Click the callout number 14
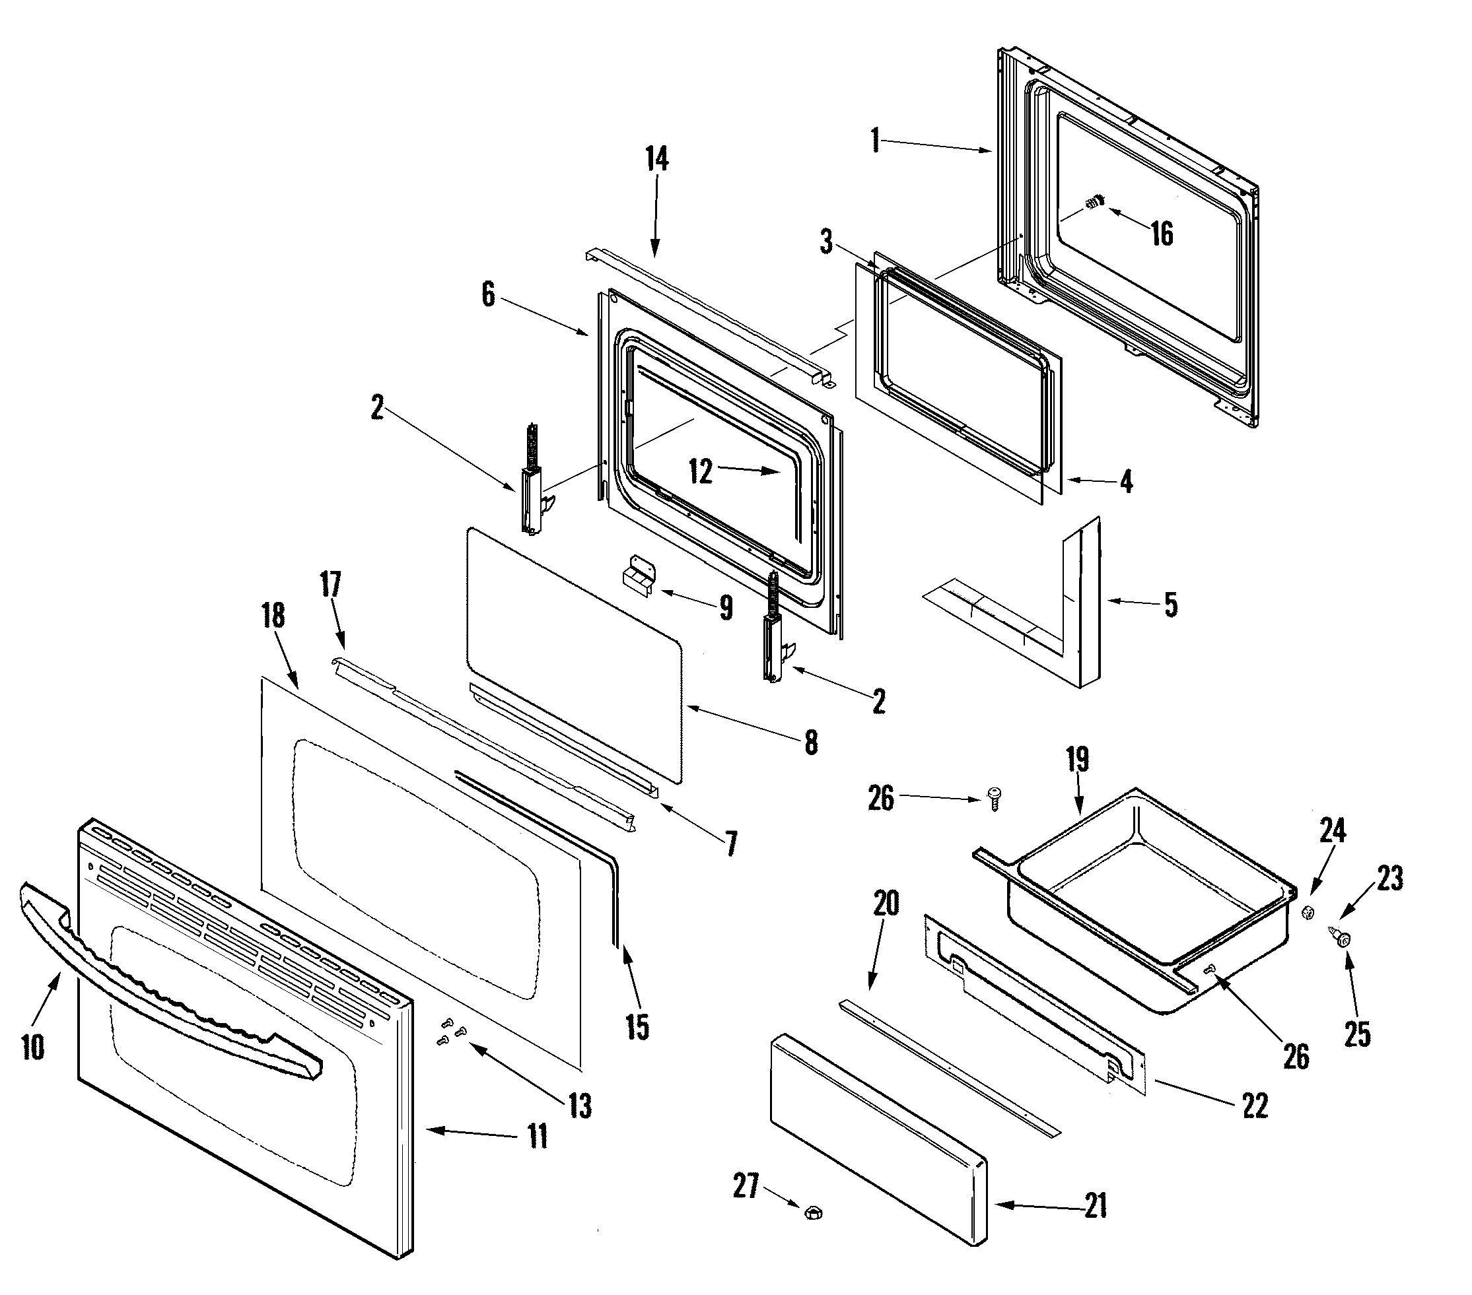click(656, 160)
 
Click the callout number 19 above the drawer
click(1077, 760)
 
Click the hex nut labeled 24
click(1308, 913)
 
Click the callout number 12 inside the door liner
click(700, 471)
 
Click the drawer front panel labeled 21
click(878, 1137)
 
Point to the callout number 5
click(1171, 605)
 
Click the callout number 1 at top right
click(875, 141)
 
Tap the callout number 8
click(811, 742)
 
